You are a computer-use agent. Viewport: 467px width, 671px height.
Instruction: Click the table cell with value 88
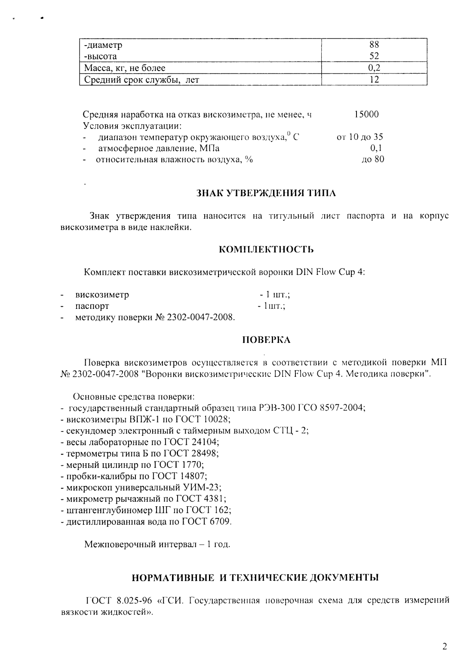point(374,44)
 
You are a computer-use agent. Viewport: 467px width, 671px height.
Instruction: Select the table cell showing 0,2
point(374,68)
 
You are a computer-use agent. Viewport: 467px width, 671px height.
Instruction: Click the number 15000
point(366,114)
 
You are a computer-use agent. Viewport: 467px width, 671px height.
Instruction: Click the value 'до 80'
point(373,160)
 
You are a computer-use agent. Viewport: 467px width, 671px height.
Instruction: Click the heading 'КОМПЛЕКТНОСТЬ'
point(266,249)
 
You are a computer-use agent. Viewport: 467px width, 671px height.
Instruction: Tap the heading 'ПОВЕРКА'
point(266,340)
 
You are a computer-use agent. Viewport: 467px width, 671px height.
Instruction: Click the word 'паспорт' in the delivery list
point(92,306)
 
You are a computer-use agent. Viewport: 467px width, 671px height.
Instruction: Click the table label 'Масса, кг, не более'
point(124,68)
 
